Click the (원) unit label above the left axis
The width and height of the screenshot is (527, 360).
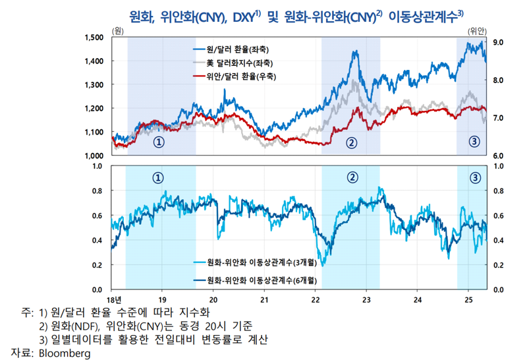coord(117,31)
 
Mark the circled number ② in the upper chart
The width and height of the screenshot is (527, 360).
coord(351,142)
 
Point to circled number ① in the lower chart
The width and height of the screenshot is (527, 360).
coord(158,177)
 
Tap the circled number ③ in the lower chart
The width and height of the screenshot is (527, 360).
coord(475,177)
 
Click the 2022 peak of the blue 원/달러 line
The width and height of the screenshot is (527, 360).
coord(355,52)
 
